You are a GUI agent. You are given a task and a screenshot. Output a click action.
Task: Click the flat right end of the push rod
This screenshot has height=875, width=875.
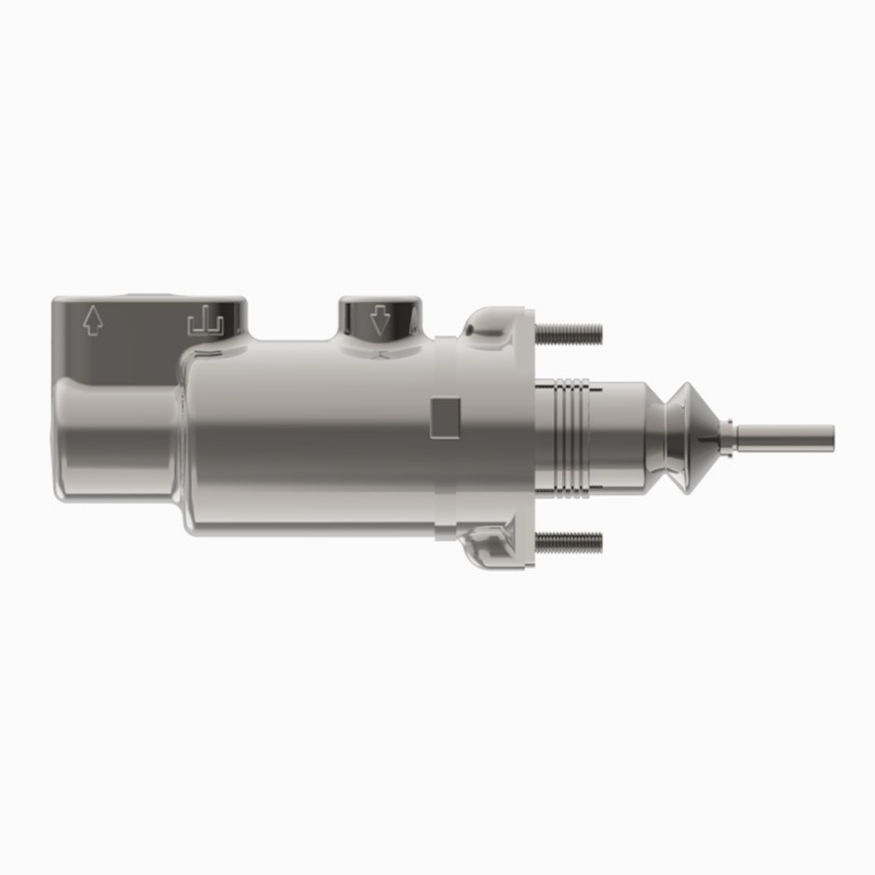click(832, 439)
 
